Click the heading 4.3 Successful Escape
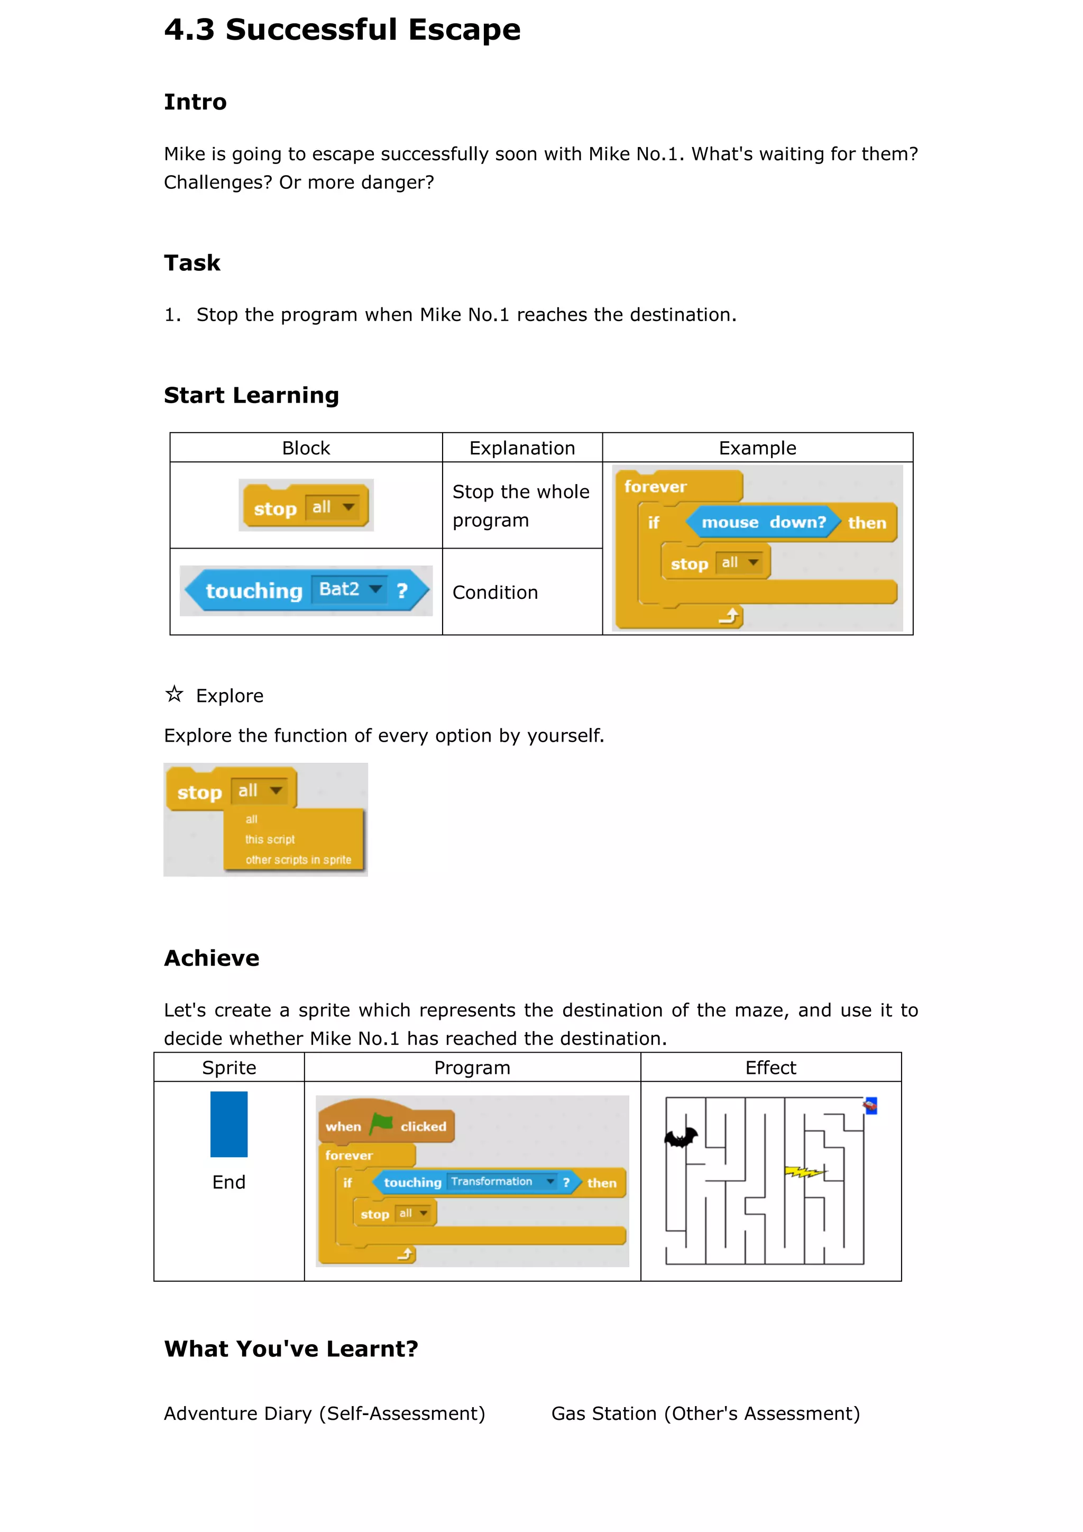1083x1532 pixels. [x=342, y=30]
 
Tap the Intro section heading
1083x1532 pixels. [x=195, y=102]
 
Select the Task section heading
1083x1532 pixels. [x=192, y=263]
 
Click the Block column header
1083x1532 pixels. [x=306, y=448]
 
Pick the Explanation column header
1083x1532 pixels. [x=522, y=448]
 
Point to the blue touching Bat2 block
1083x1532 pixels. [x=306, y=590]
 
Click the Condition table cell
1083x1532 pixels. [x=495, y=592]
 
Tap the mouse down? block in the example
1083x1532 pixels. [x=763, y=523]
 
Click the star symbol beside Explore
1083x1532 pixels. [x=174, y=694]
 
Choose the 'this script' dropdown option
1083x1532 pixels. [x=270, y=840]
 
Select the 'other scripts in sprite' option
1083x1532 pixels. [x=298, y=860]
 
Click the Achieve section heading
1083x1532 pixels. [x=212, y=958]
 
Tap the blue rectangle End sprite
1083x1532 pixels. [x=229, y=1124]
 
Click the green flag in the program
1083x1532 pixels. [x=381, y=1124]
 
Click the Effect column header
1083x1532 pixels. [x=770, y=1068]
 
